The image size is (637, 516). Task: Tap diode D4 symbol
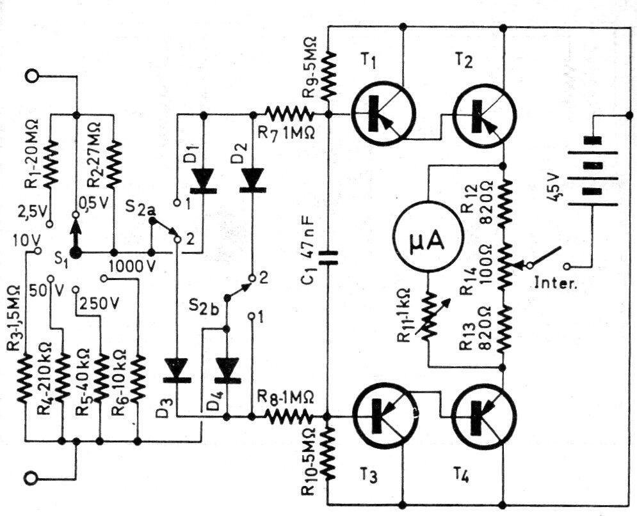click(227, 370)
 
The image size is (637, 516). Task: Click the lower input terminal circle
click(31, 476)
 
